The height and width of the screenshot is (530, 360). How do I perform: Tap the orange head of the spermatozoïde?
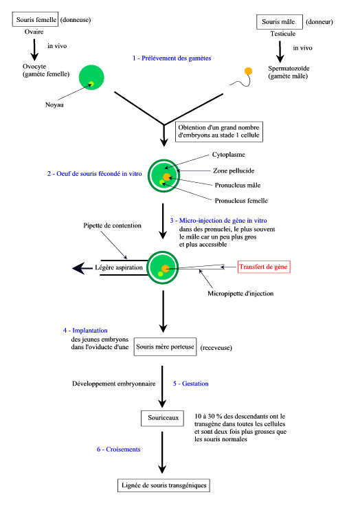[248, 71]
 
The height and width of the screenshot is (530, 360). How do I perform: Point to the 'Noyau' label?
[54, 104]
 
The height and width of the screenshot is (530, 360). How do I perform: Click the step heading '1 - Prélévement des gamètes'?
[172, 58]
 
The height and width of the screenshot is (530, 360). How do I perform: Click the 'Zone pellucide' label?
[234, 170]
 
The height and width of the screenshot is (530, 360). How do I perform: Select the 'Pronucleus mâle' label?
[238, 185]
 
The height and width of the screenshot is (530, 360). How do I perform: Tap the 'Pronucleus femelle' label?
[241, 201]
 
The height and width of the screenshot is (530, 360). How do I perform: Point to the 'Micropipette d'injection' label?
[240, 294]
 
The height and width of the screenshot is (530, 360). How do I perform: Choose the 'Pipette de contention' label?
[112, 225]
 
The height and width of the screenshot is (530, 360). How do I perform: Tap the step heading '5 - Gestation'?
[190, 384]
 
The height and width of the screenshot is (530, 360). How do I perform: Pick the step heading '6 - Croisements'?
[119, 449]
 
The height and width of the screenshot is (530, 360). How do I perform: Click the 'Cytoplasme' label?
[229, 155]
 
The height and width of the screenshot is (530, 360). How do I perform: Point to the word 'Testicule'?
[282, 34]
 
